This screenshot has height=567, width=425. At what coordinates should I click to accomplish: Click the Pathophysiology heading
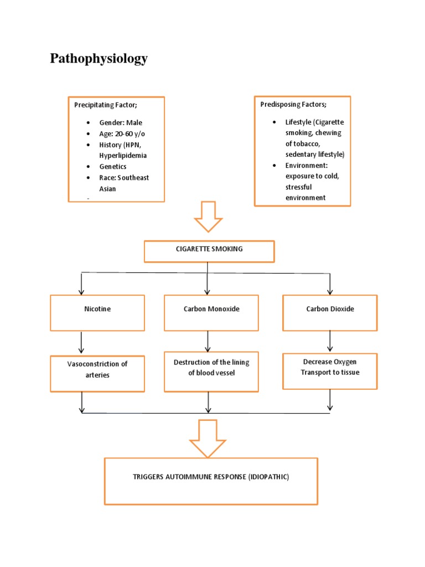(99, 59)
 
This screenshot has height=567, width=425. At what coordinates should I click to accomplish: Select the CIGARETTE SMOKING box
(209, 251)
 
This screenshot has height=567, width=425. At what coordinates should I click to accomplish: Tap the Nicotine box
(97, 312)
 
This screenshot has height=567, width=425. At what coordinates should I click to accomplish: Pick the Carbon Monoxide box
(211, 312)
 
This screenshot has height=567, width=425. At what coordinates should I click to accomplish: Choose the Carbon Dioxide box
(330, 312)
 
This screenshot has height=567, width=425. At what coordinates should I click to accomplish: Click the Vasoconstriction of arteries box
(97, 373)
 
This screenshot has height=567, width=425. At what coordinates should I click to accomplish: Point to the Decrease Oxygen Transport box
(330, 371)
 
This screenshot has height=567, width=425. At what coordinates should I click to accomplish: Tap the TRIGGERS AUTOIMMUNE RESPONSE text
(211, 477)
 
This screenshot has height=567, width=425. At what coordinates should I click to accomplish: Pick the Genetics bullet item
(113, 166)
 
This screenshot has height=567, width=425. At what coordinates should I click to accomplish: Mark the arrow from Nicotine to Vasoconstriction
(82, 343)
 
